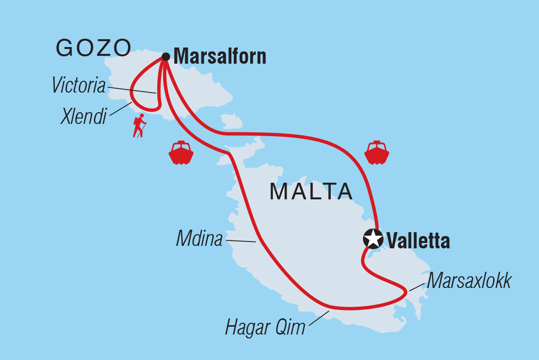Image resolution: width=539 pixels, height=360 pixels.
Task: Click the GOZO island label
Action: coord(94,48)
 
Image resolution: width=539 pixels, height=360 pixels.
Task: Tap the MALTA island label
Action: coord(311,192)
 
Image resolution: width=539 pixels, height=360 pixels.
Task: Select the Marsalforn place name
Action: coord(220,56)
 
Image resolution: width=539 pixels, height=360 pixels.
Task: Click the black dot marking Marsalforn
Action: coord(166,57)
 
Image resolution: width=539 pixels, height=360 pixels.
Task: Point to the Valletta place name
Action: coord(418,241)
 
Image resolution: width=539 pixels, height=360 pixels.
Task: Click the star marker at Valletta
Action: coord(373,239)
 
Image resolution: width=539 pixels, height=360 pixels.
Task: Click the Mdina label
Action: coord(199,240)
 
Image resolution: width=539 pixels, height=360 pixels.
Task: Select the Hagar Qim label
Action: coord(265,327)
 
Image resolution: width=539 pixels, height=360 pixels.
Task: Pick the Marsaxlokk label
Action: coord(469,281)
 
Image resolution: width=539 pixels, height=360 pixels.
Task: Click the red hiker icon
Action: coord(140,126)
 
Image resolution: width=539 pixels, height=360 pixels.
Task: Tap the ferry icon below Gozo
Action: coord(181,153)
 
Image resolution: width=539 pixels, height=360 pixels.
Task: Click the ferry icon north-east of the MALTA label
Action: coord(376,152)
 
